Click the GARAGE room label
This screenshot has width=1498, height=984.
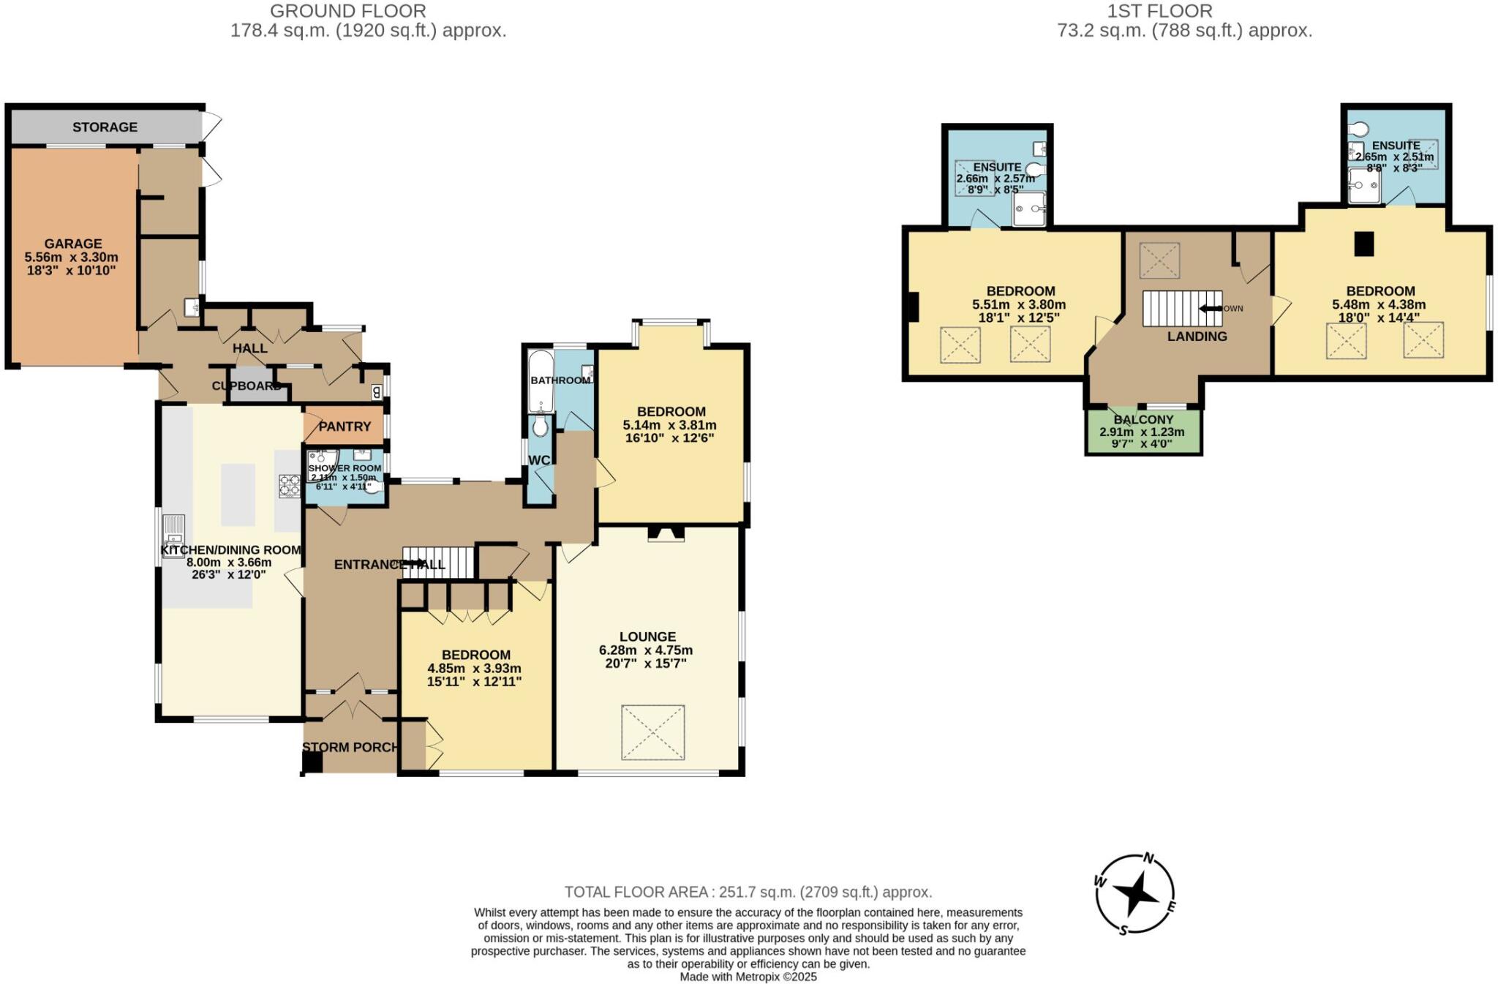tap(73, 244)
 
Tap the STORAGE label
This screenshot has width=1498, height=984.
tap(105, 127)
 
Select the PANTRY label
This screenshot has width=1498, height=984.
tap(345, 427)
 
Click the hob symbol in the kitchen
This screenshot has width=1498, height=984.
tap(290, 487)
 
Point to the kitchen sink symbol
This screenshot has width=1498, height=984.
tap(173, 536)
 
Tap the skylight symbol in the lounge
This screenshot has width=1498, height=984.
tap(652, 732)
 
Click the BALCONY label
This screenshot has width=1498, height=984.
tap(1143, 420)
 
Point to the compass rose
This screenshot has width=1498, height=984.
tap(1135, 894)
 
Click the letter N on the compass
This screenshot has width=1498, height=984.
tap(1148, 859)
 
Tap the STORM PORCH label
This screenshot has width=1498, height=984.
tap(350, 747)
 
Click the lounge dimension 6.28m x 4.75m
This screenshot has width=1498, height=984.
tap(646, 650)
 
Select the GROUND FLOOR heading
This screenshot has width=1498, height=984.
tap(348, 11)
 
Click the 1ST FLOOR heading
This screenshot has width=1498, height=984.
tap(1159, 11)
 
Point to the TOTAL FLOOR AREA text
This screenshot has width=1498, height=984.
tap(748, 892)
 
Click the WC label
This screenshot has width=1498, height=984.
tap(539, 460)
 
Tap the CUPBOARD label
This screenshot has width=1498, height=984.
tap(246, 386)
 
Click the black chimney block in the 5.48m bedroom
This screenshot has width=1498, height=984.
tap(1364, 244)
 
